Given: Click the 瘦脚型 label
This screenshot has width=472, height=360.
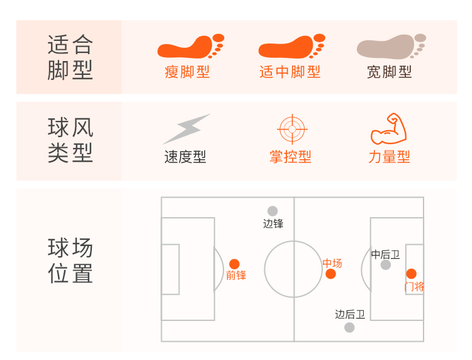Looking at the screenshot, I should pyautogui.click(x=187, y=72).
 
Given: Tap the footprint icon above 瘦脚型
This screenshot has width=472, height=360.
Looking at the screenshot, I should pyautogui.click(x=190, y=47).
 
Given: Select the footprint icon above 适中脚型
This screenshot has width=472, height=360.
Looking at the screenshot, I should pyautogui.click(x=291, y=47).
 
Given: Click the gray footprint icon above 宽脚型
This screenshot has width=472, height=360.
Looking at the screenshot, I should pyautogui.click(x=391, y=47).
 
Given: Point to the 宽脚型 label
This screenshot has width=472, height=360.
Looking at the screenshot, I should pyautogui.click(x=390, y=72).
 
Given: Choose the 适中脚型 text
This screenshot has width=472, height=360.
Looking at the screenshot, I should pyautogui.click(x=290, y=72).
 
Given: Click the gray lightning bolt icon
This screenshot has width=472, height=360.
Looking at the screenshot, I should pyautogui.click(x=186, y=128).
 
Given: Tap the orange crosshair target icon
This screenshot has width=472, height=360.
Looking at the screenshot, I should pyautogui.click(x=291, y=129).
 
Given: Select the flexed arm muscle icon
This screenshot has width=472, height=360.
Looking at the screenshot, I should pyautogui.click(x=389, y=128).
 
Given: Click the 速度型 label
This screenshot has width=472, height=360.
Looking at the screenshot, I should pyautogui.click(x=185, y=157).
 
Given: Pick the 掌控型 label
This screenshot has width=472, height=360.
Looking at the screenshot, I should pyautogui.click(x=290, y=157).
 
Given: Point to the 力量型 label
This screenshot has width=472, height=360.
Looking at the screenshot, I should pyautogui.click(x=389, y=157).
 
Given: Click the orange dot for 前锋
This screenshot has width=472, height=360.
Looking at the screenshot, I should pyautogui.click(x=234, y=264).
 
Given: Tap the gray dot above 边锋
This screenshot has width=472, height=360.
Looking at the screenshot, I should pyautogui.click(x=273, y=211).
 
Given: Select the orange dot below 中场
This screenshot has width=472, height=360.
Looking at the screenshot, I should pyautogui.click(x=331, y=274).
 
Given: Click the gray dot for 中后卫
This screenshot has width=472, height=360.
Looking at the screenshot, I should pyautogui.click(x=386, y=265).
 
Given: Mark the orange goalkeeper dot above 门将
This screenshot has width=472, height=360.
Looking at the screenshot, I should pyautogui.click(x=411, y=274).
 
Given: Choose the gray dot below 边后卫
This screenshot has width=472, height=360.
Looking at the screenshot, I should pyautogui.click(x=349, y=327).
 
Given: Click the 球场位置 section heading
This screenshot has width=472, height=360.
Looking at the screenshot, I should pyautogui.click(x=70, y=261).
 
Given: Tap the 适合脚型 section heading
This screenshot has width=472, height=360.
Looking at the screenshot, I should pyautogui.click(x=70, y=57).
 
